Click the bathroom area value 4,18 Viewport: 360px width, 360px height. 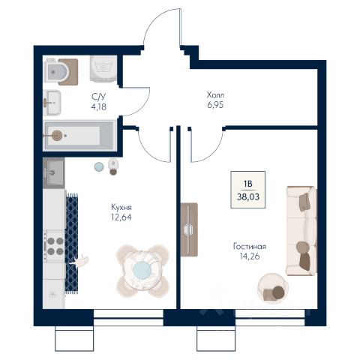[x=99, y=107]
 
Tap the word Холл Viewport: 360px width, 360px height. [x=215, y=95]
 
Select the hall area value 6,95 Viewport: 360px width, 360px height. [x=215, y=105]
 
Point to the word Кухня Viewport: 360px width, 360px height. [x=121, y=207]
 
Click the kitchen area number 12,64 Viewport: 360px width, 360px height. [x=121, y=217]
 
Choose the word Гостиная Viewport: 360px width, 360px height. [x=250, y=247]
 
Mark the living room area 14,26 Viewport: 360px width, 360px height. [x=250, y=256]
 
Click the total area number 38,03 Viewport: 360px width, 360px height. [x=248, y=197]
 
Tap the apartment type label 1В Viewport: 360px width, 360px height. [x=248, y=184]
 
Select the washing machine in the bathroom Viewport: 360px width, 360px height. [x=103, y=68]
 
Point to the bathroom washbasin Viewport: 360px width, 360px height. [x=52, y=103]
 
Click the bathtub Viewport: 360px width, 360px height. [x=79, y=136]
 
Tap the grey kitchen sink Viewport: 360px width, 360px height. [x=53, y=173]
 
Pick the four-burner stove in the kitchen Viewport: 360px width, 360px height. [x=54, y=246]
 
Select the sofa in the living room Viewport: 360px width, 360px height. [x=301, y=231]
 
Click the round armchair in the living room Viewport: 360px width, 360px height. [x=272, y=288]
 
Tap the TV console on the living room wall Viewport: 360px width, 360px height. [x=189, y=229]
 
